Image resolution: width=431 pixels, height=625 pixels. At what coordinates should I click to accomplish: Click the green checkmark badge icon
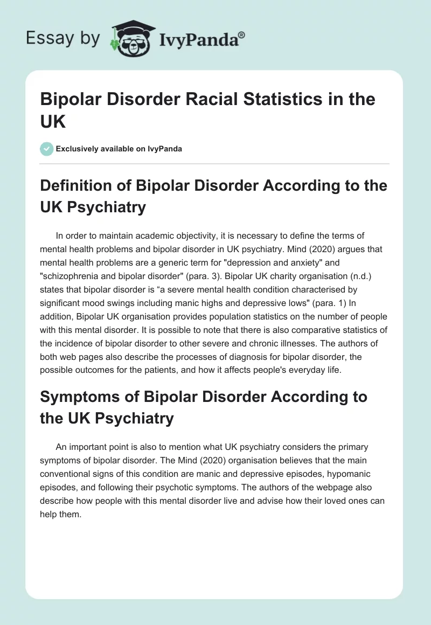(x=47, y=149)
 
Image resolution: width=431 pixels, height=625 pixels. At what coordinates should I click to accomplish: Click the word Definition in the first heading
(x=75, y=185)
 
